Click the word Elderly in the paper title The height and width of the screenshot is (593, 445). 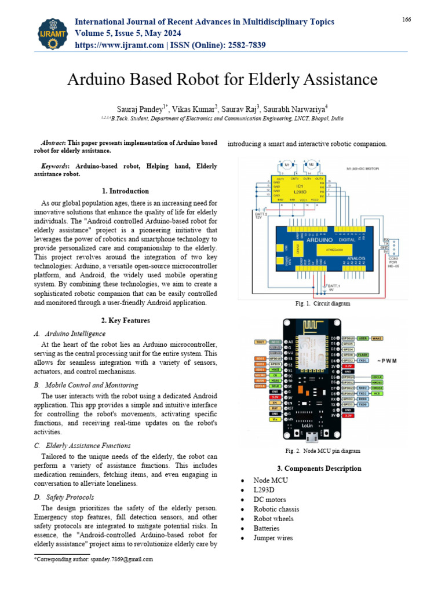(x=285, y=79)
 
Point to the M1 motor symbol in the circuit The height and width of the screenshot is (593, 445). (x=287, y=165)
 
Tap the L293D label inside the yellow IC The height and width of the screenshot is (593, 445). (x=300, y=191)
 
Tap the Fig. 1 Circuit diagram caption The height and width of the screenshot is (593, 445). (x=322, y=303)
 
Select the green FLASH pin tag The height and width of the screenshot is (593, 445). (x=363, y=354)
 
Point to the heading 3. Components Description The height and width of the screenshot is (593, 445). (x=319, y=468)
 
